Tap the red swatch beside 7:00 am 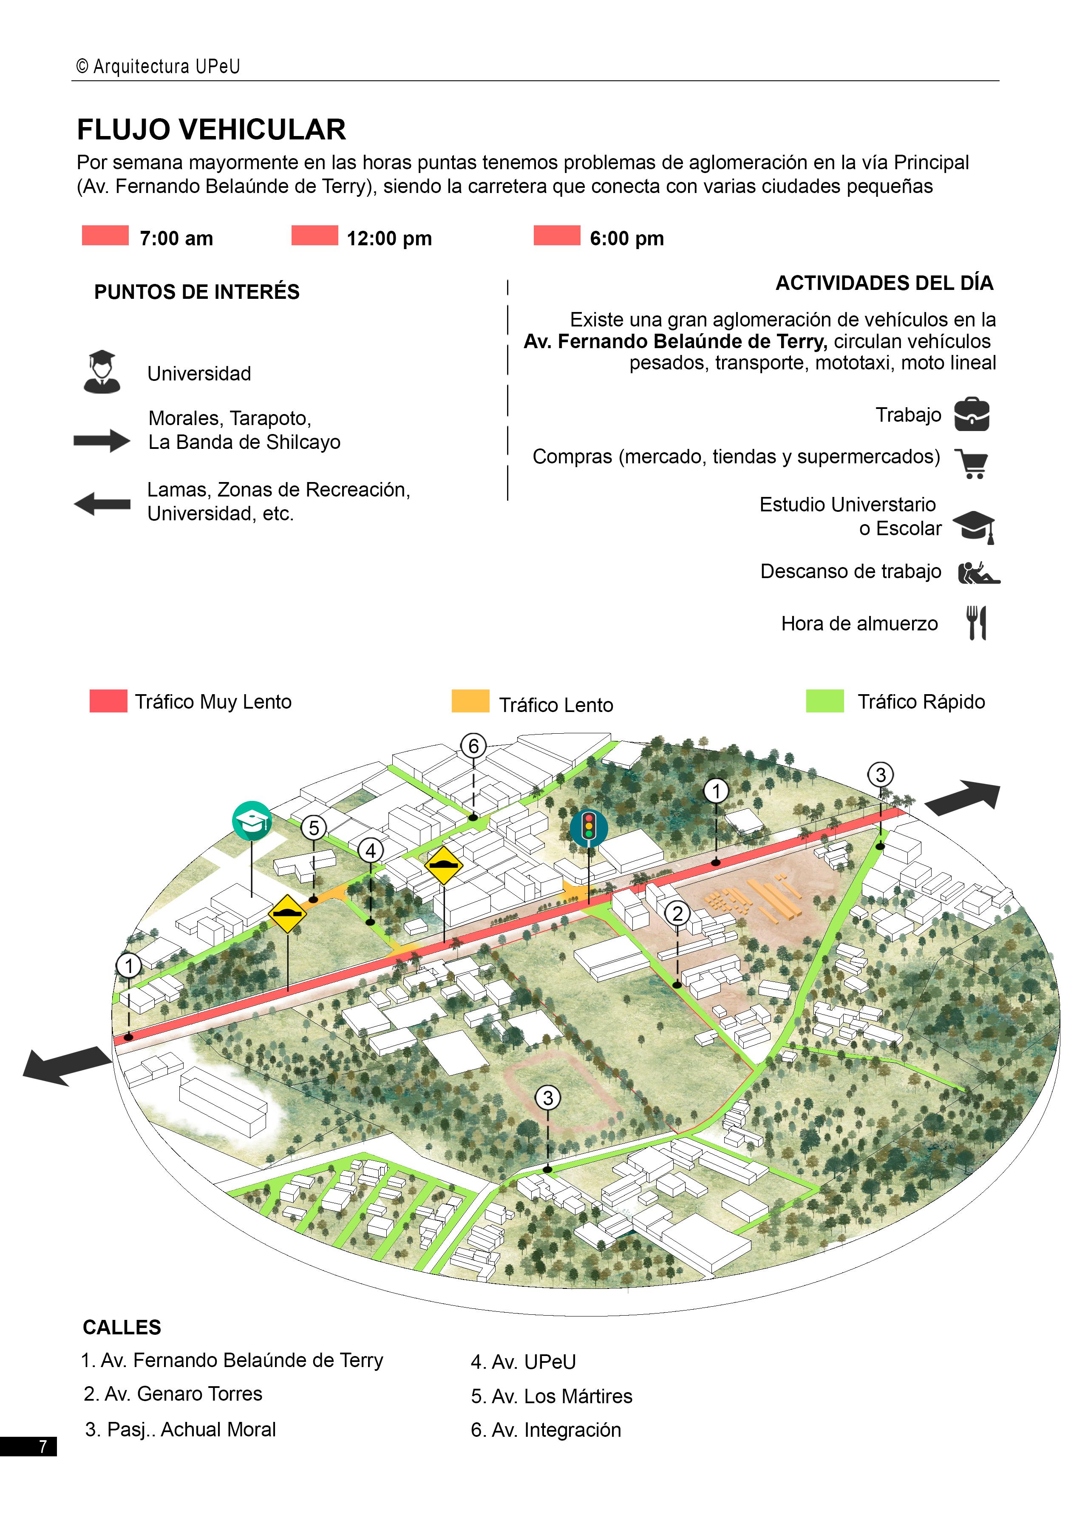tap(105, 235)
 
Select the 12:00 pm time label tap(389, 238)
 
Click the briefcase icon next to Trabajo tap(972, 414)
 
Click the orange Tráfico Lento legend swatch tap(470, 701)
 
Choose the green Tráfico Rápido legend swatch tap(824, 701)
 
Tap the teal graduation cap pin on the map tap(252, 820)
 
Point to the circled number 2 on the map tap(677, 913)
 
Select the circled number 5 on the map tap(314, 828)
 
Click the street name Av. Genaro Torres tap(173, 1393)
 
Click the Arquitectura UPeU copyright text tap(159, 66)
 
